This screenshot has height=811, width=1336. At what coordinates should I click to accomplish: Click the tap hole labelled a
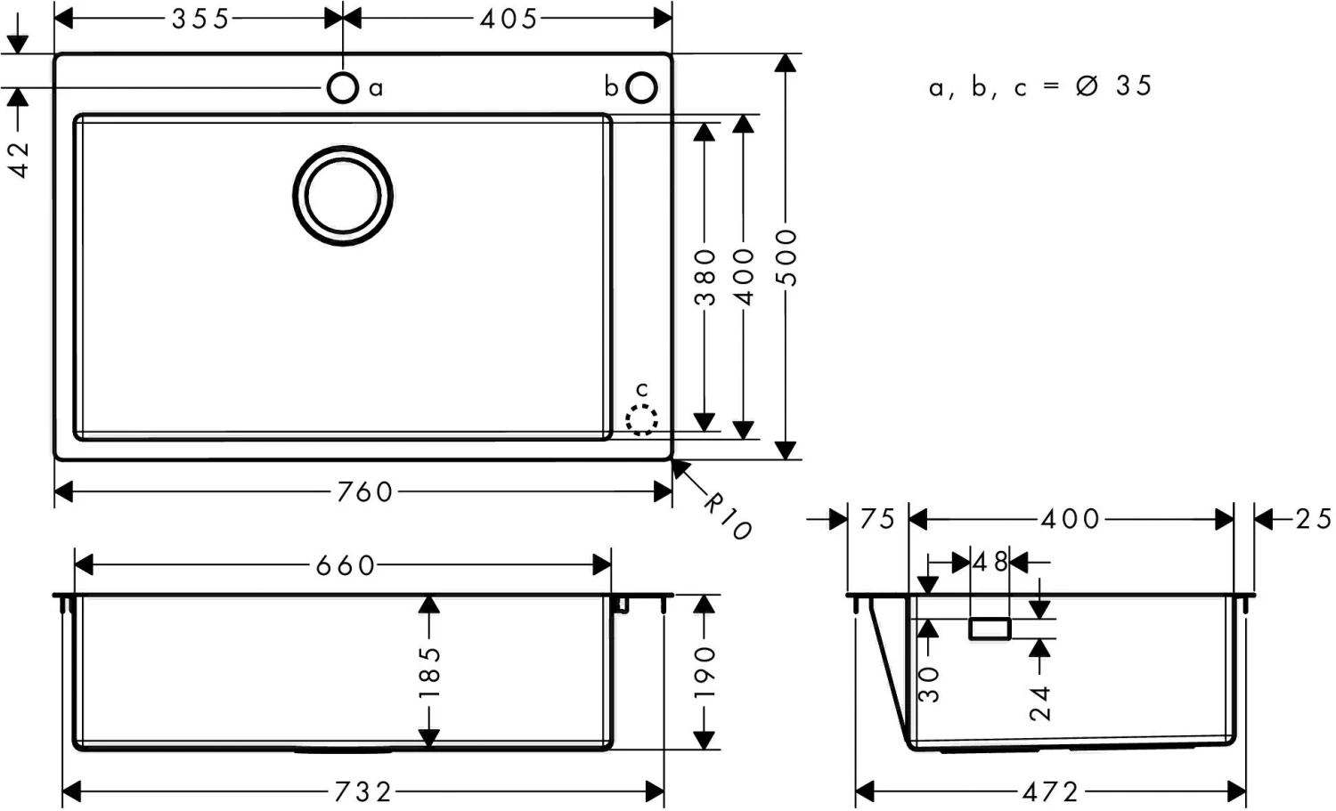pos(342,87)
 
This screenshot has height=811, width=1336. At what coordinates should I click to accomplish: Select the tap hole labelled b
pos(641,87)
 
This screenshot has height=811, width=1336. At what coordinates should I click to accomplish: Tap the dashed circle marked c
pos(641,419)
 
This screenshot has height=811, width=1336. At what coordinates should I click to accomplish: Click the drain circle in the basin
pos(343,196)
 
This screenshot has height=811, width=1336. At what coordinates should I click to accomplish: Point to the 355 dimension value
pos(200,18)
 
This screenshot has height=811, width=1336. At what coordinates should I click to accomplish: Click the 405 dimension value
pos(509,18)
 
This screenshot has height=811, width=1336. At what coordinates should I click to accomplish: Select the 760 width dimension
pos(365,491)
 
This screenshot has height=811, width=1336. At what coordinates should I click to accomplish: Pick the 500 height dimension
pos(786,256)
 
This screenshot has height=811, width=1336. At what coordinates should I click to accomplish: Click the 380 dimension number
pos(705,276)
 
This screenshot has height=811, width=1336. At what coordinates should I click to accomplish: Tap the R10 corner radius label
pos(728,517)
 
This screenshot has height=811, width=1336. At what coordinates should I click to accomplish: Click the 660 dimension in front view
pos(346,565)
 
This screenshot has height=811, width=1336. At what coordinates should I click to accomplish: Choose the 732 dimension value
pos(363,791)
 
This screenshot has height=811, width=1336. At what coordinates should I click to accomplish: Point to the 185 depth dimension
pos(429,672)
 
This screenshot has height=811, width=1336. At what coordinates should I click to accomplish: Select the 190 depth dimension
pos(705,672)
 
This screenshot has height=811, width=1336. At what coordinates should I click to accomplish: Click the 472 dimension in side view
pos(1051,791)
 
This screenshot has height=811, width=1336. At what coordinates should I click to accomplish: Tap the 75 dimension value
pos(877,519)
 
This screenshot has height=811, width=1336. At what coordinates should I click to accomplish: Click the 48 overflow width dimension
pos(990,563)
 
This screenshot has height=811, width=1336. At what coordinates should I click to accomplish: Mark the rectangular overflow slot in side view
pos(990,629)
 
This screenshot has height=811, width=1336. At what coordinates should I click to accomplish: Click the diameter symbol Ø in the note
pos(1087,86)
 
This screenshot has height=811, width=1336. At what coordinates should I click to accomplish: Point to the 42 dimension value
pos(18,160)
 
